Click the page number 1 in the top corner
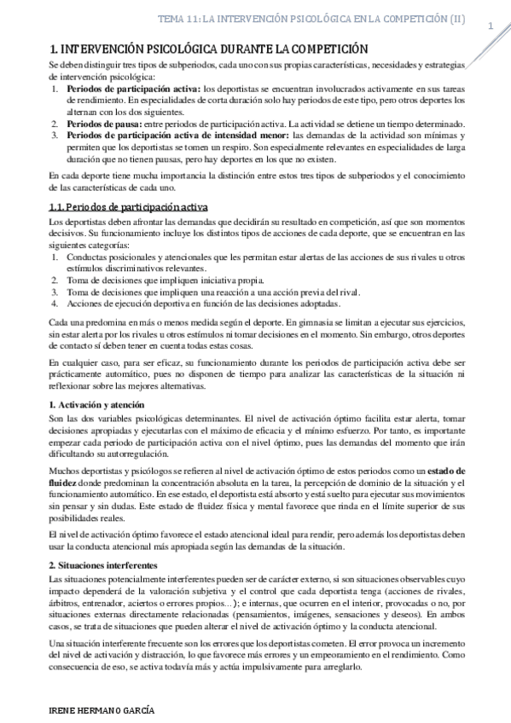(491, 25)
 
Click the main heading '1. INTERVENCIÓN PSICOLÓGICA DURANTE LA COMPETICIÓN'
(209, 51)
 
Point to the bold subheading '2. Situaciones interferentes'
(103, 565)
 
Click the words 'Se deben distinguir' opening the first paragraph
(84, 66)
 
